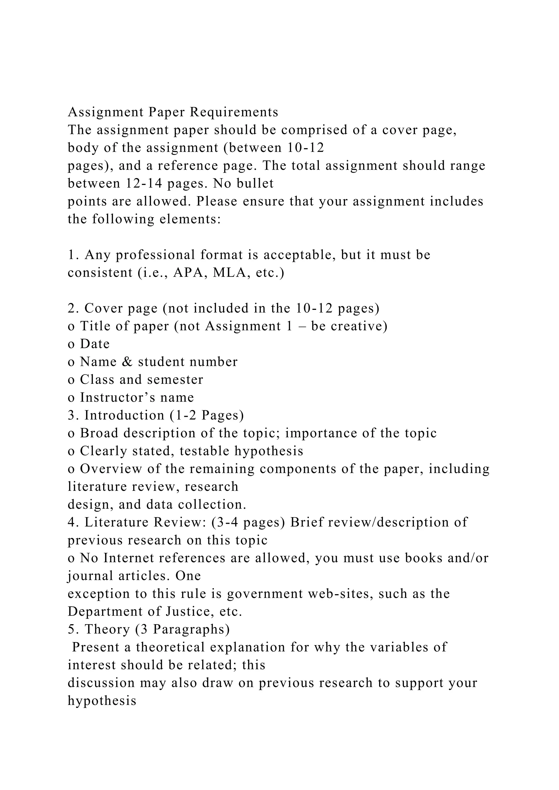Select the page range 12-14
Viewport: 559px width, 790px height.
[144, 183]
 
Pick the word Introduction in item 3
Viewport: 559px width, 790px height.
[124, 415]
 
